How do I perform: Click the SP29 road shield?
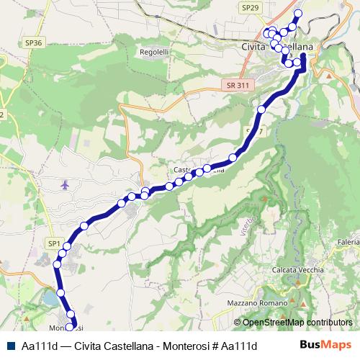(249, 6)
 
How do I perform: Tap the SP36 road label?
(34, 43)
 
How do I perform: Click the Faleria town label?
(346, 242)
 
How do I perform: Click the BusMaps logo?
(325, 346)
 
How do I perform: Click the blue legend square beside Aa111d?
(10, 346)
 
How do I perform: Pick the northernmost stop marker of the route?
(298, 13)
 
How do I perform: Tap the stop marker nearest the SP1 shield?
(66, 247)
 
